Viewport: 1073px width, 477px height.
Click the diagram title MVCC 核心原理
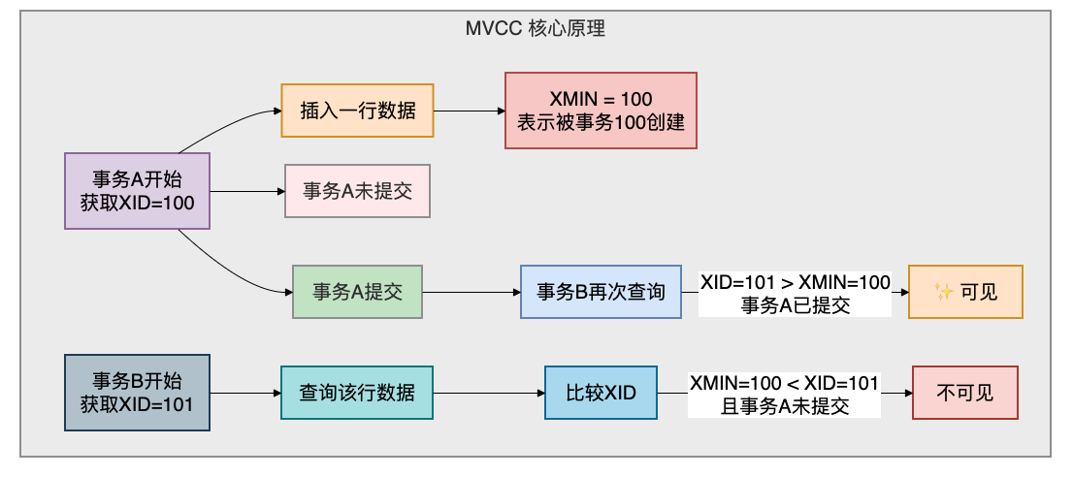click(536, 29)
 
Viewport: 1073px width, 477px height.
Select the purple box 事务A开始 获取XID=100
click(137, 191)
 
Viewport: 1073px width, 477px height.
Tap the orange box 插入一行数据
click(357, 111)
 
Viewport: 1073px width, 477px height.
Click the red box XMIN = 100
click(601, 111)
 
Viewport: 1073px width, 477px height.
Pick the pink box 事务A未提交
click(357, 191)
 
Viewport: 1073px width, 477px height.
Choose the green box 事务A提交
click(357, 292)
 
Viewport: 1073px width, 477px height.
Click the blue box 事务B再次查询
click(601, 292)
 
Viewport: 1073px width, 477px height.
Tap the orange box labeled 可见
click(965, 292)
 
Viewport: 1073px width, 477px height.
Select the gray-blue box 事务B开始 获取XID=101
click(137, 393)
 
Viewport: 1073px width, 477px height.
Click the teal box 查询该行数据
click(357, 393)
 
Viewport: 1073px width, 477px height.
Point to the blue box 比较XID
click(601, 393)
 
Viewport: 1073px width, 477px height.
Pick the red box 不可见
click(965, 393)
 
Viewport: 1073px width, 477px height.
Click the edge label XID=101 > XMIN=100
click(795, 281)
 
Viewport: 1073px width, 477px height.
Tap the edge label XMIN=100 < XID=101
click(784, 383)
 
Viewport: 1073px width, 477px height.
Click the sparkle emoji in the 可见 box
click(944, 293)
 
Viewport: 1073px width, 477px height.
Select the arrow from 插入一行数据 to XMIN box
click(470, 111)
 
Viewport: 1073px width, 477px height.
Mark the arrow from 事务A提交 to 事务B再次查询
click(471, 293)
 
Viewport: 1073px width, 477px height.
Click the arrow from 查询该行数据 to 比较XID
click(489, 393)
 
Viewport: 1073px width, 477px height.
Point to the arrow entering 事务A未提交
click(247, 191)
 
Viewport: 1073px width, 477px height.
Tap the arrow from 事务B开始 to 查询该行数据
click(245, 393)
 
